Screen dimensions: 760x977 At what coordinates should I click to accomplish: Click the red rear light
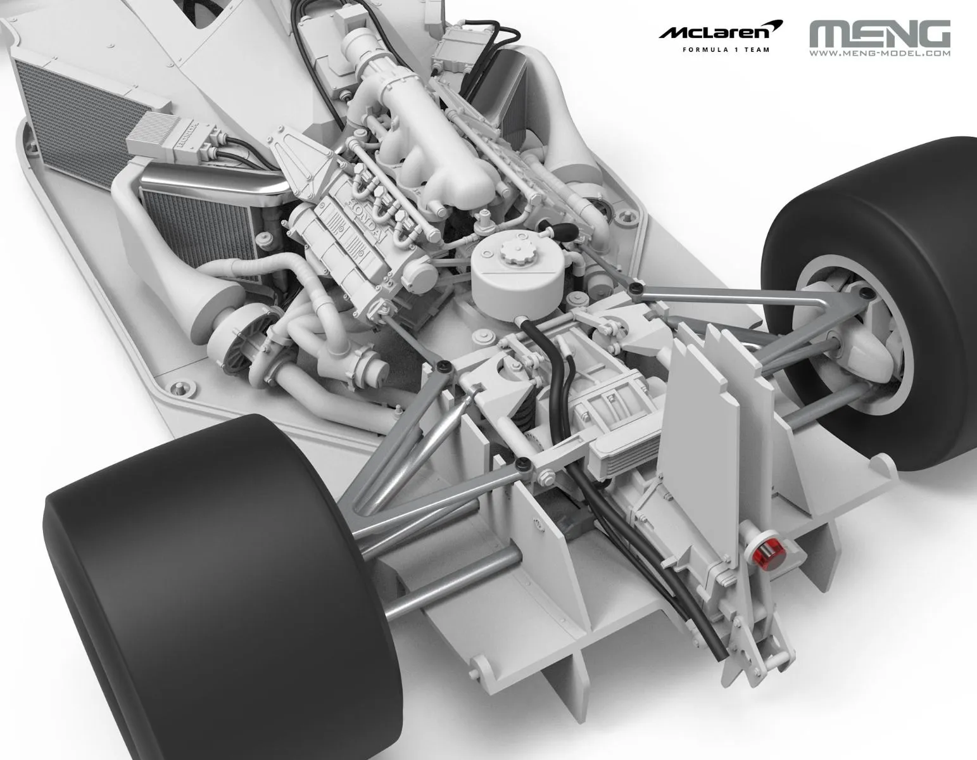coord(767,556)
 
